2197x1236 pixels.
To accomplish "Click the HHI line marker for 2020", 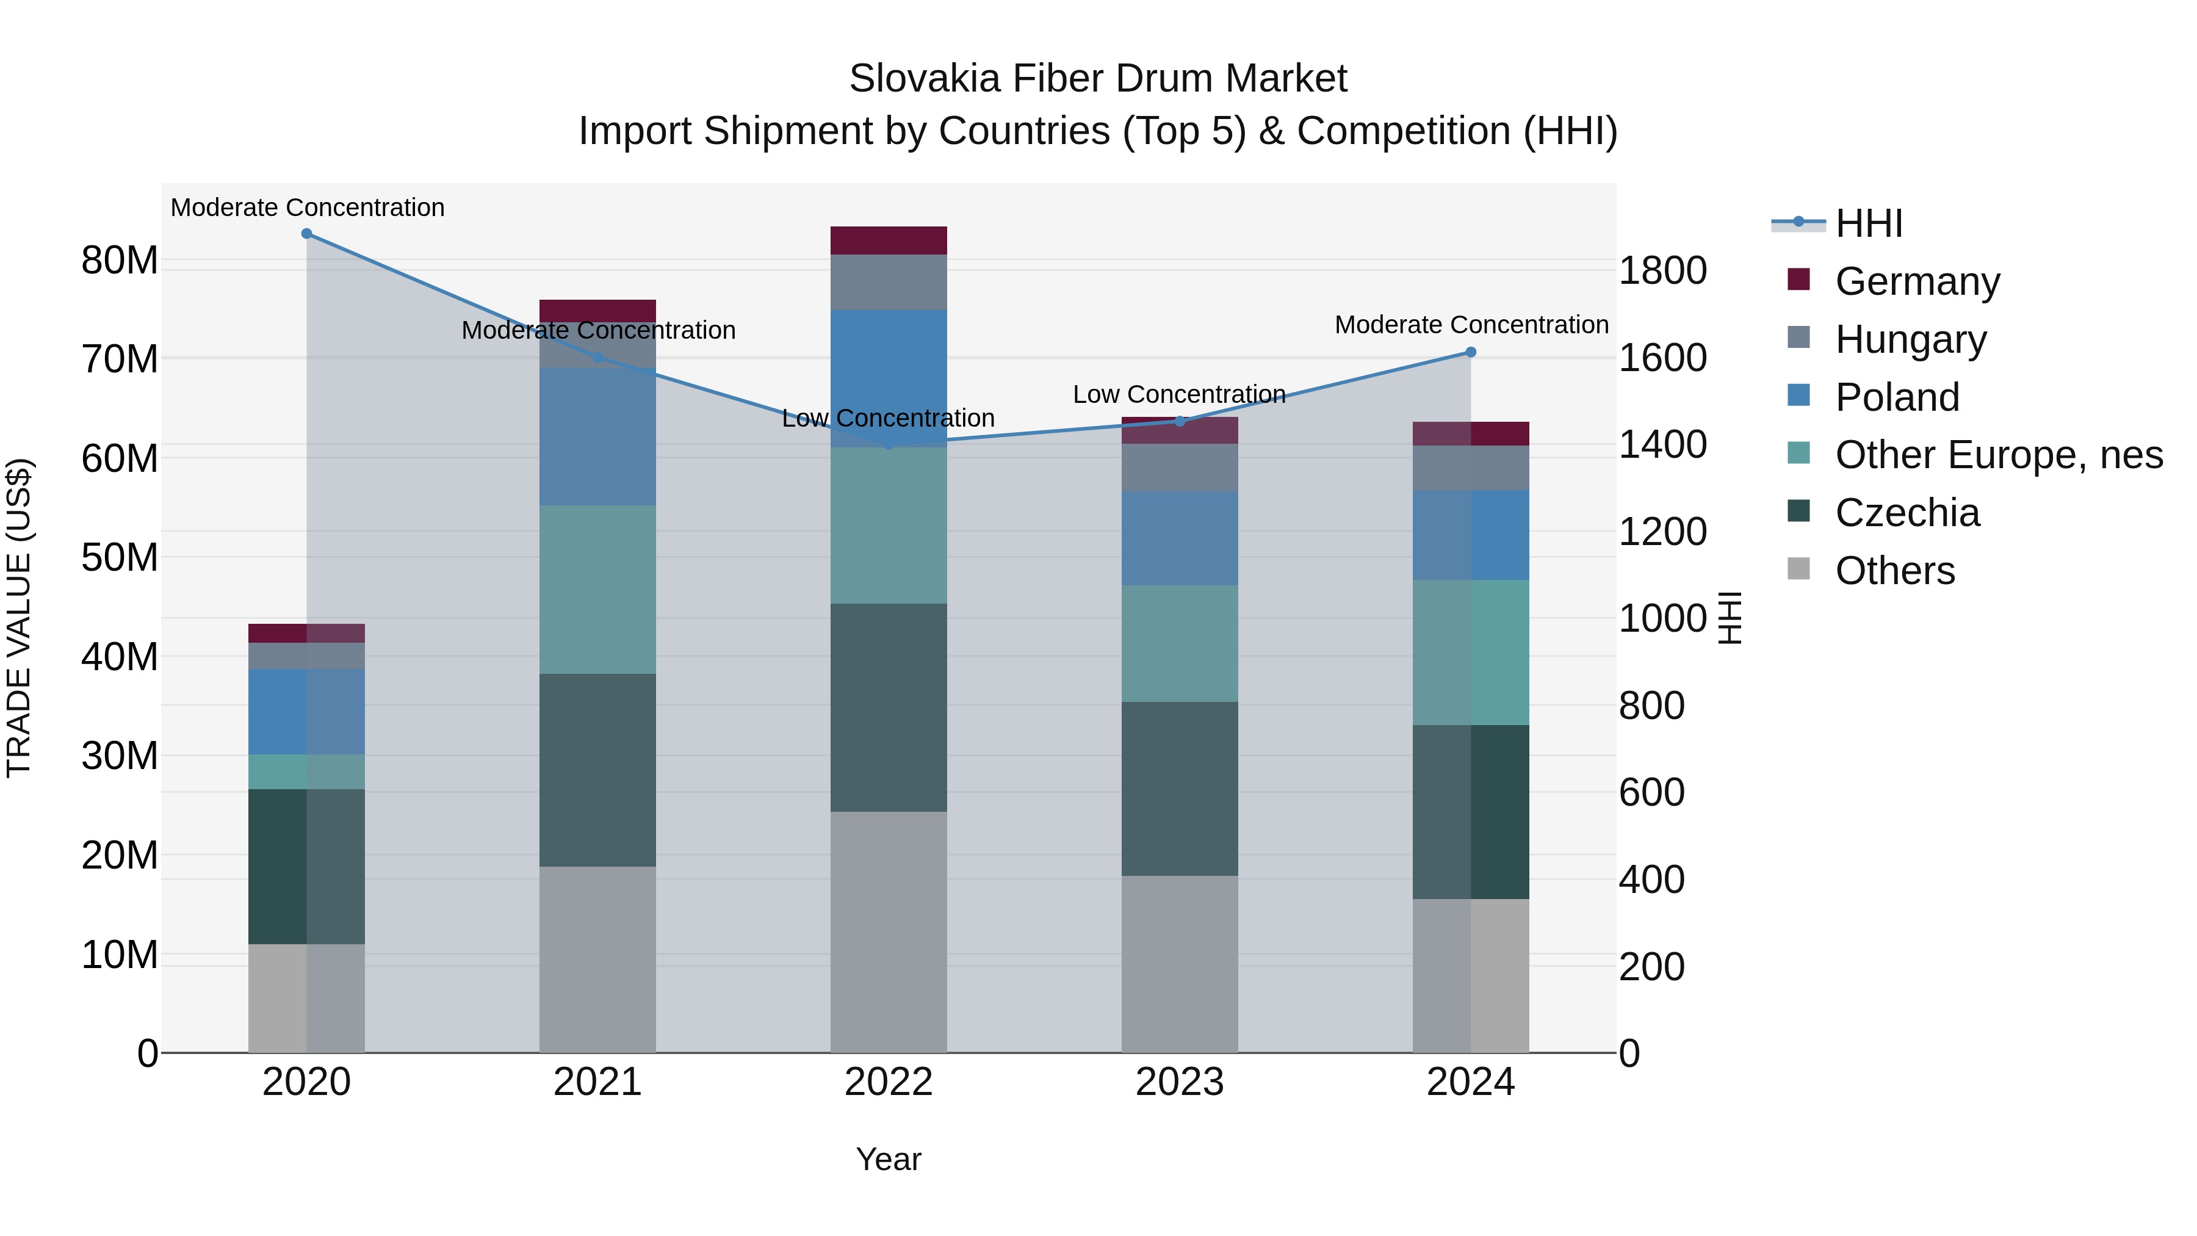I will pyautogui.click(x=306, y=234).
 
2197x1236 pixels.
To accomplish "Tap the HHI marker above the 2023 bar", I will pyautogui.click(x=1180, y=421).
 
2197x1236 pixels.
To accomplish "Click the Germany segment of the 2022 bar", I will pyautogui.click(x=889, y=240).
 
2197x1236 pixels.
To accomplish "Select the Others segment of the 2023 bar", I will pyautogui.click(x=1180, y=964).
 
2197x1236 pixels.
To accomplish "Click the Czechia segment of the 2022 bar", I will pyautogui.click(x=889, y=708).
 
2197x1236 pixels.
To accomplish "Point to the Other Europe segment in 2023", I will pyautogui.click(x=1180, y=644).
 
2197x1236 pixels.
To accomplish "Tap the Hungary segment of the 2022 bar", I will pyautogui.click(x=889, y=283).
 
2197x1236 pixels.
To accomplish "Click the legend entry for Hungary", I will pyautogui.click(x=1910, y=339).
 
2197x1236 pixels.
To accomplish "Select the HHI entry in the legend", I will pyautogui.click(x=1869, y=223).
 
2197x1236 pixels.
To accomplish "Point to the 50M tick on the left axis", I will pyautogui.click(x=120, y=558).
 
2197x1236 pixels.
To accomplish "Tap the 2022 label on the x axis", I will pyautogui.click(x=889, y=1082).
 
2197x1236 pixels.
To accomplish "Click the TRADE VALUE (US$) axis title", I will pyautogui.click(x=19, y=618).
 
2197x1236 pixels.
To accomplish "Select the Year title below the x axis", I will pyautogui.click(x=889, y=1159).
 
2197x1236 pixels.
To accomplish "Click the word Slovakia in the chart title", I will pyautogui.click(x=924, y=79).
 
